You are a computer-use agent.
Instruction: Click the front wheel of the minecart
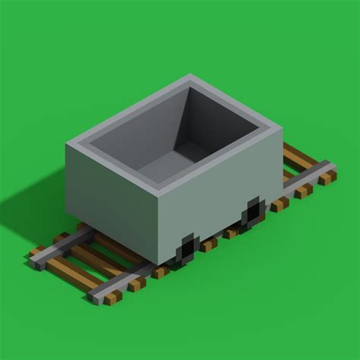[188, 248]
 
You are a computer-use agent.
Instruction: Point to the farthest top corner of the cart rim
[190, 76]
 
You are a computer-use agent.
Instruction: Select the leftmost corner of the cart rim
[68, 142]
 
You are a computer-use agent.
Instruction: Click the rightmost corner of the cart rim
[282, 129]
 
